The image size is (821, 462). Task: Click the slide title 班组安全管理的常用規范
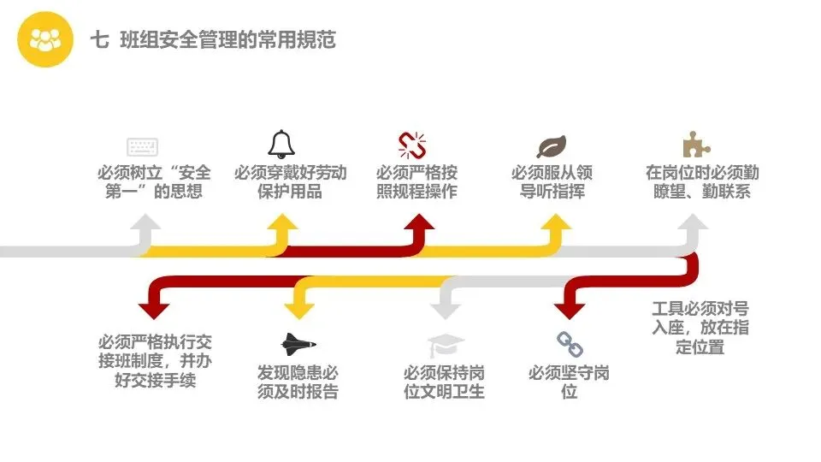pyautogui.click(x=213, y=39)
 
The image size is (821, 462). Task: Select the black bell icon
pyautogui.click(x=281, y=143)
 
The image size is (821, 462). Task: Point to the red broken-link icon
pyautogui.click(x=412, y=145)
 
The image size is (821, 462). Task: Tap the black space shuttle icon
pyautogui.click(x=298, y=344)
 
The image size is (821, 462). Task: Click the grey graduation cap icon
pyautogui.click(x=446, y=346)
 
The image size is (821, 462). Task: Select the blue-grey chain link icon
pyautogui.click(x=570, y=344)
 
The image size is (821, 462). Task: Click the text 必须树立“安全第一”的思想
pyautogui.click(x=154, y=181)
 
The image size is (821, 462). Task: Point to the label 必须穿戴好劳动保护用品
pyautogui.click(x=290, y=181)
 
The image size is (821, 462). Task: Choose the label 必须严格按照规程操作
pyautogui.click(x=416, y=181)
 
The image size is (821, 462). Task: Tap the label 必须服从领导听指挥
pyautogui.click(x=552, y=181)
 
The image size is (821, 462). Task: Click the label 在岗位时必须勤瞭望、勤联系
pyautogui.click(x=701, y=181)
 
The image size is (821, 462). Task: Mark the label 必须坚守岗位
pyautogui.click(x=570, y=382)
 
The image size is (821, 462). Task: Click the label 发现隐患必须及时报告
pyautogui.click(x=298, y=382)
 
